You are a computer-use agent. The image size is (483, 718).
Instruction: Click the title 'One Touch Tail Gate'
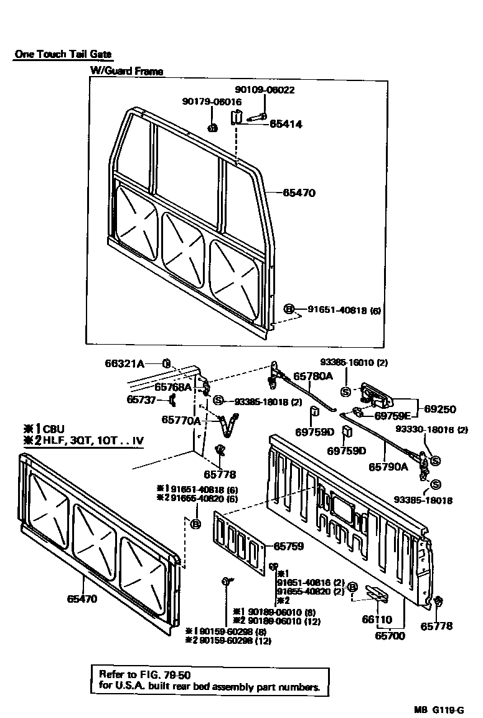pos(63,55)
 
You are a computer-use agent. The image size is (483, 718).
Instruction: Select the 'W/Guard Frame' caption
pos(126,71)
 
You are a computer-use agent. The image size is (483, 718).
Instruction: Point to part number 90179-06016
pos(212,102)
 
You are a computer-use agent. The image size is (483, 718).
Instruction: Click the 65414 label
pos(286,124)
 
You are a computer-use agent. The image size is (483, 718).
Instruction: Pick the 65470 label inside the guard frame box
pos(299,193)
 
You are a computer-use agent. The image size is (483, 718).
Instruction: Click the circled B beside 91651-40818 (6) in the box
pos(289,309)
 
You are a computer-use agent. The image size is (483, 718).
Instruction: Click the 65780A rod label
pos(313,376)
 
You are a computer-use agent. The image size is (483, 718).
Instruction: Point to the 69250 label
pos(440,409)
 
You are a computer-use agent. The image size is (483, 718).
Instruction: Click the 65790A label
pos(389,466)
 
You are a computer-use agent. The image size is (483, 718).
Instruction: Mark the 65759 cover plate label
pos(288,546)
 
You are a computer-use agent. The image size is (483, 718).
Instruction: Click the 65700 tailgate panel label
pos(390,636)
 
